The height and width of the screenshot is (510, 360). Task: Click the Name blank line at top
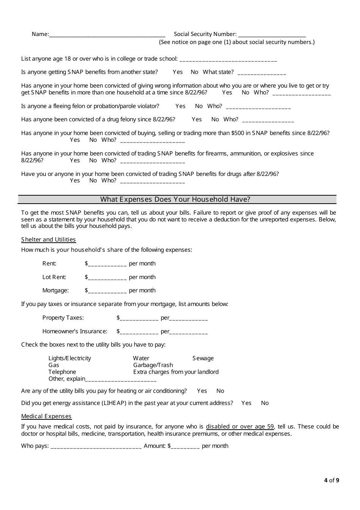coord(107,35)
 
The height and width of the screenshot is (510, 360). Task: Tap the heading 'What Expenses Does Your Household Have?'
coord(175,199)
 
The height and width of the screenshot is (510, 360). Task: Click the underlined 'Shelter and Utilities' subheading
coord(49,240)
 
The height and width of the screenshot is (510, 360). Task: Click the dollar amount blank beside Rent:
coord(107,264)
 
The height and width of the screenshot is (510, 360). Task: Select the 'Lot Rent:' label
coord(54,277)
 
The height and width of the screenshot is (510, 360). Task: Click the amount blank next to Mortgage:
coord(107,291)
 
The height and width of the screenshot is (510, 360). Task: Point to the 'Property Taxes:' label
coord(63,318)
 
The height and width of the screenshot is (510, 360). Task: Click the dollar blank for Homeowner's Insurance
coord(139,332)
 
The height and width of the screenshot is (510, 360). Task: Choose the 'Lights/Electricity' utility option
coord(70,358)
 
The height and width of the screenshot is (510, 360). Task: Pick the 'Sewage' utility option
coord(203,358)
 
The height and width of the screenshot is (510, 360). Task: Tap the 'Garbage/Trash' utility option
coord(153,365)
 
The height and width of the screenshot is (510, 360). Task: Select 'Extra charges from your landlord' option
coord(176,372)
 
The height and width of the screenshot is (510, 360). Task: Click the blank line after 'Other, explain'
coord(121,380)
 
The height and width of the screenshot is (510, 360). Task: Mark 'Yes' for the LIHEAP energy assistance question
coord(246,403)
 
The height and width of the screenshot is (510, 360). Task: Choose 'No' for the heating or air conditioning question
coord(220,391)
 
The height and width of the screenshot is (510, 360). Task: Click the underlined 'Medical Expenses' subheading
coord(46,416)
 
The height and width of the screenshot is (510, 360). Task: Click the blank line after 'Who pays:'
coord(96,447)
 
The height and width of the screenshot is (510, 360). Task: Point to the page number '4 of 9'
coord(332,480)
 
